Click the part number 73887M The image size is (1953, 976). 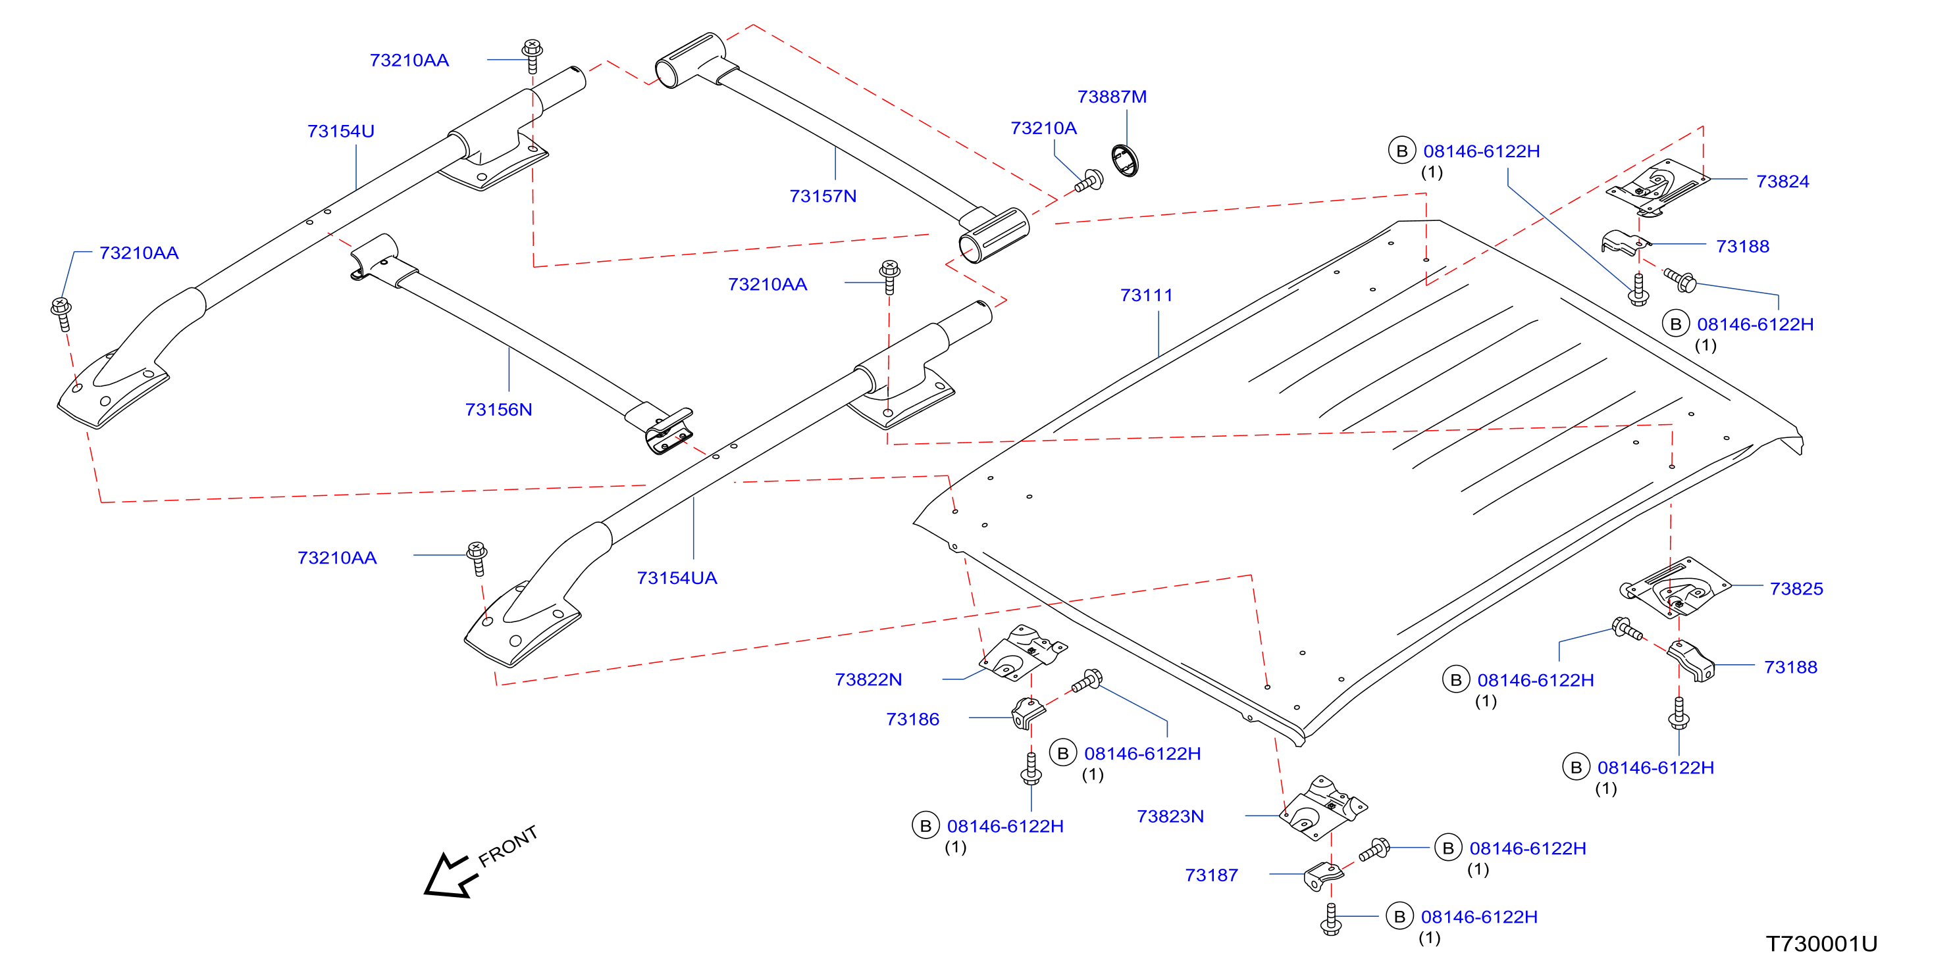(x=1112, y=97)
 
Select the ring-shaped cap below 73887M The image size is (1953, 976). (x=1125, y=160)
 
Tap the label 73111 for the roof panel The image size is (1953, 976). (x=1147, y=295)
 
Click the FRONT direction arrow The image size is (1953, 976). (x=452, y=876)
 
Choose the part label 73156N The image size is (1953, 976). (x=499, y=410)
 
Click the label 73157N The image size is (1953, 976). (x=823, y=196)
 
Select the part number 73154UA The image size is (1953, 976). (x=677, y=578)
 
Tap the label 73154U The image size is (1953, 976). (x=341, y=131)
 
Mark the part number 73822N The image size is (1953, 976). (x=869, y=680)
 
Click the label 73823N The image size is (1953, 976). (x=1170, y=817)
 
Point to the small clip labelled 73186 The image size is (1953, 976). (x=1028, y=713)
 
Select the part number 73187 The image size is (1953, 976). (x=1212, y=876)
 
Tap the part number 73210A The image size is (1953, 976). (x=1044, y=129)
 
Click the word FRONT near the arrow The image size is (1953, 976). (x=508, y=846)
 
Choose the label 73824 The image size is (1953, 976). (x=1783, y=182)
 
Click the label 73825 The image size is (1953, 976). (x=1797, y=589)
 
